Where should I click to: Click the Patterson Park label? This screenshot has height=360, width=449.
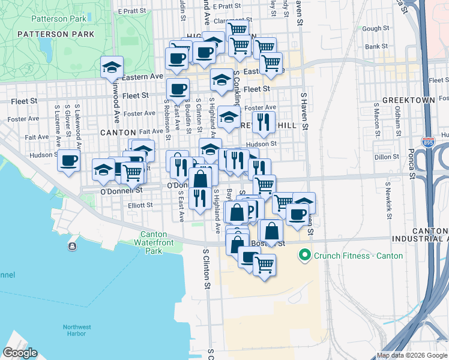click(56, 34)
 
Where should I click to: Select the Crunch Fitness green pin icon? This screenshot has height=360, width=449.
click(305, 256)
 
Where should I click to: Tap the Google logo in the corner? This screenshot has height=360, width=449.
click(20, 353)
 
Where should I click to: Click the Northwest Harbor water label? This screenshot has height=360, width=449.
click(77, 331)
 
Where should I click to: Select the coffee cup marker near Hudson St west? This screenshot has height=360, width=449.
click(68, 161)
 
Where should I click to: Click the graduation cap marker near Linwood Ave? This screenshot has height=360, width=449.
click(112, 67)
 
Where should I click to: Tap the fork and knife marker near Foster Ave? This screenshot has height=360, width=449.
click(263, 122)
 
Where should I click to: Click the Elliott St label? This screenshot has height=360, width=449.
click(140, 205)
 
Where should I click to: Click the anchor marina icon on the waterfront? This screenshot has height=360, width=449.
click(72, 246)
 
